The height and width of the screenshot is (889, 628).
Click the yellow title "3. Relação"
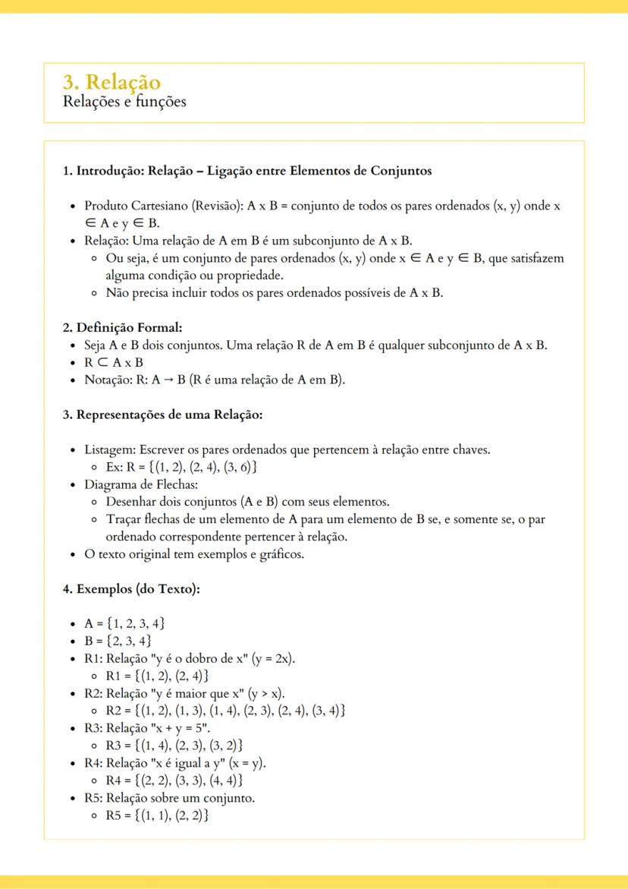coord(111,82)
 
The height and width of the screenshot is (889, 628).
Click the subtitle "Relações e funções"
coord(124,102)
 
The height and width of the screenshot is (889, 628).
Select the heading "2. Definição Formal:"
coord(122,328)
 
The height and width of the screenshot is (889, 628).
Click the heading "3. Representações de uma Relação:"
coord(162,415)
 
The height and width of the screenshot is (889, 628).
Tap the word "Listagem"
coord(109,449)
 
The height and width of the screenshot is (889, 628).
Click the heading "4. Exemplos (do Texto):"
coord(131,589)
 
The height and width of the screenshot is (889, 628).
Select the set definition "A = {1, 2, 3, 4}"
coord(124,624)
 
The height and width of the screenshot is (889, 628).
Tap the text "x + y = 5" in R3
coord(178,728)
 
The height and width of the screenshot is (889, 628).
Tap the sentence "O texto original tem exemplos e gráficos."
coord(194,554)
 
